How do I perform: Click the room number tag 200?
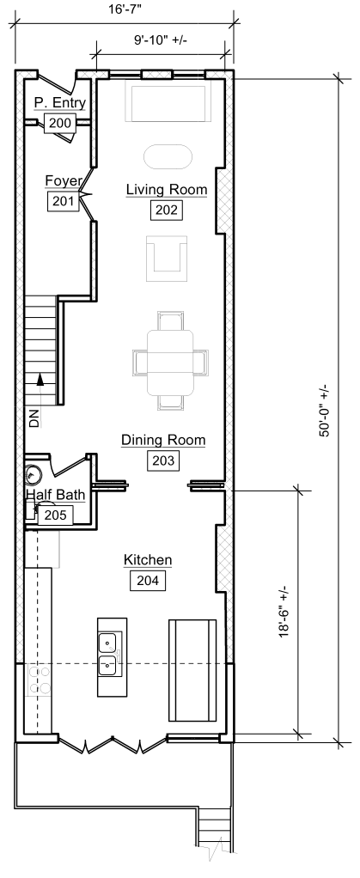click(60, 123)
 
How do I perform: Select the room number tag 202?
click(167, 210)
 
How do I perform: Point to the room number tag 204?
click(148, 581)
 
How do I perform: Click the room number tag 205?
click(58, 515)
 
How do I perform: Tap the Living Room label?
click(167, 190)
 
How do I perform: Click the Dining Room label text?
click(163, 441)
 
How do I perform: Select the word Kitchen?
click(148, 560)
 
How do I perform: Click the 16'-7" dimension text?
click(125, 9)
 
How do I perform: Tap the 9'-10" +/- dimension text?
click(162, 41)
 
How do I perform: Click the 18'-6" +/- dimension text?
click(284, 612)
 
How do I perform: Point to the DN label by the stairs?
click(34, 419)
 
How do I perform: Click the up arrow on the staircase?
click(40, 380)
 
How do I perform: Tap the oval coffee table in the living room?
click(168, 156)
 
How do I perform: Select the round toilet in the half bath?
click(33, 475)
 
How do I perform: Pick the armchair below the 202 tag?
click(167, 258)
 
